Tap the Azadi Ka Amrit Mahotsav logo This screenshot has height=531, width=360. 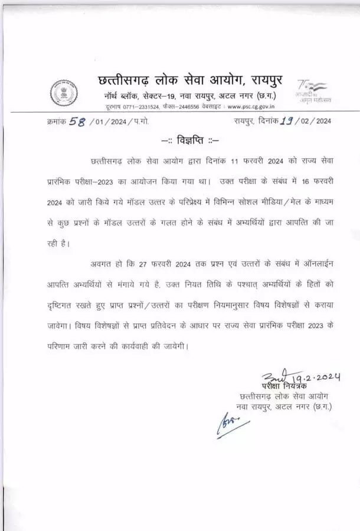[313, 91]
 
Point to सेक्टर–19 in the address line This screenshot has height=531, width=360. [161, 96]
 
